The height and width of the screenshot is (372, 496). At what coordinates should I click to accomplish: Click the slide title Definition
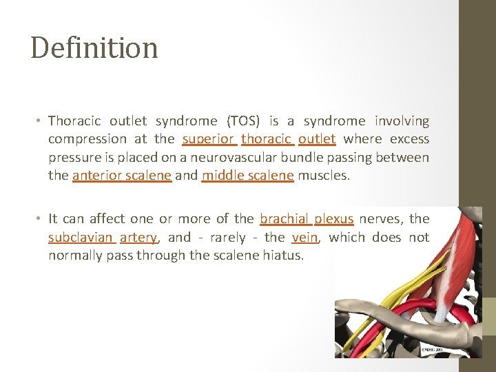(x=94, y=48)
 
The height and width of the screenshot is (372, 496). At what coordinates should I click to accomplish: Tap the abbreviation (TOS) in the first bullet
(x=244, y=121)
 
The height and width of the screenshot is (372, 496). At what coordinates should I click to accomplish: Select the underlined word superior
(x=209, y=139)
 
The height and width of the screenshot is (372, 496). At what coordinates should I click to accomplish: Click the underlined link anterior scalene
(x=121, y=175)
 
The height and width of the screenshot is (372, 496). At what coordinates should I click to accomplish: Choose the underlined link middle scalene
(x=247, y=175)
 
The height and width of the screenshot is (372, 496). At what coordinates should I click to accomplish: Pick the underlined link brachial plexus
(x=307, y=219)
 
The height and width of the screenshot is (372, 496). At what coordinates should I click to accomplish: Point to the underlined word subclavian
(x=81, y=238)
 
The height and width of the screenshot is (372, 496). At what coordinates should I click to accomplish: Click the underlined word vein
(x=304, y=238)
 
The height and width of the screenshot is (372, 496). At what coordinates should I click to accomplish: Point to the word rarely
(x=227, y=238)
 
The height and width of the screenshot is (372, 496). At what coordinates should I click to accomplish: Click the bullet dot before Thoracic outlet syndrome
(x=39, y=122)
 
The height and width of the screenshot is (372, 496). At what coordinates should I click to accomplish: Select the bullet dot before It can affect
(x=39, y=220)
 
